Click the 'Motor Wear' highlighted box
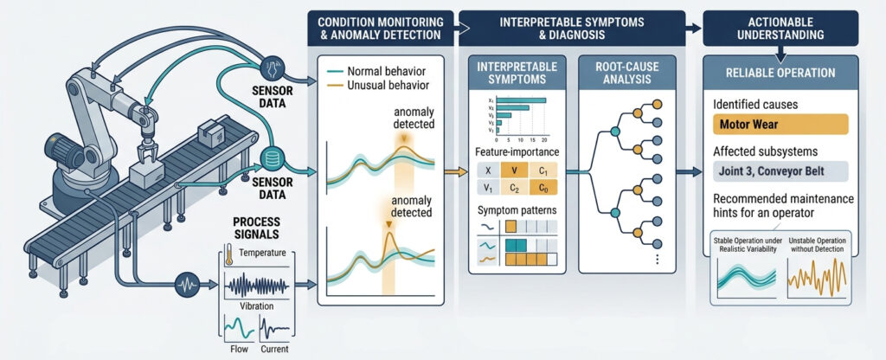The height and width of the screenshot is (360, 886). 783,124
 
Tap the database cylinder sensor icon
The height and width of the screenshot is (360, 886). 273,159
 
